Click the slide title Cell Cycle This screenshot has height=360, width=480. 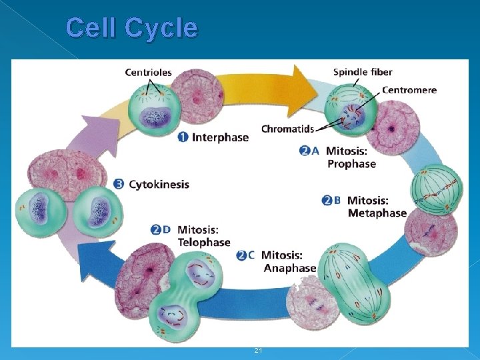point(132,28)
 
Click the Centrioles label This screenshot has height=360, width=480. point(148,72)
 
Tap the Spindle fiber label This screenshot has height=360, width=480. point(363,72)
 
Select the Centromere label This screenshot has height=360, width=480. point(409,90)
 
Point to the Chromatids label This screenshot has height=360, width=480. point(287,129)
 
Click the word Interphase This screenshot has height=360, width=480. point(220,137)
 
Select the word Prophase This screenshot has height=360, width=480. point(351,164)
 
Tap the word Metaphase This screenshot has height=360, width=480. point(377,213)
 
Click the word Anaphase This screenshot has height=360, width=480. point(290,268)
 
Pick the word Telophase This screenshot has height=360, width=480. point(203,243)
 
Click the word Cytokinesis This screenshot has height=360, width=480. point(159,184)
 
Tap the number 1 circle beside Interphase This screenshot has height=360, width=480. point(183,137)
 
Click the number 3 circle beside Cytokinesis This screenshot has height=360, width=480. point(119,184)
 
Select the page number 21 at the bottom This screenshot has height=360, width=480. point(258,351)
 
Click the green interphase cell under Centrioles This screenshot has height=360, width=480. point(152,110)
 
